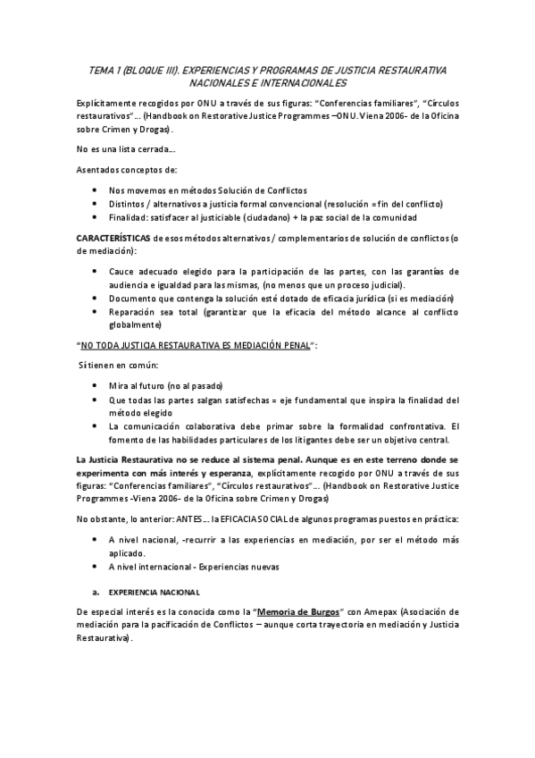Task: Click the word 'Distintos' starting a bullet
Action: point(128,204)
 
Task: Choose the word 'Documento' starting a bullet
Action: point(133,298)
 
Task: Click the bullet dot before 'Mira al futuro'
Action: point(95,386)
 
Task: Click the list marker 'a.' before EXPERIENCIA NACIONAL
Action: point(96,592)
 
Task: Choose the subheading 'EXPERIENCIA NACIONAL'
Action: point(154,593)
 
